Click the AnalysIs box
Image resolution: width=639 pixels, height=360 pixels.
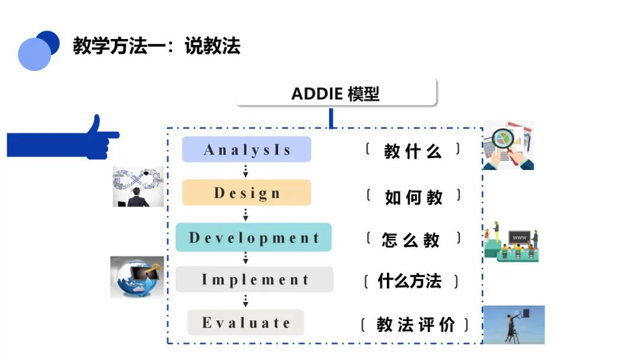[x=247, y=149]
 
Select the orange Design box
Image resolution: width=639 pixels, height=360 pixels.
[x=247, y=192]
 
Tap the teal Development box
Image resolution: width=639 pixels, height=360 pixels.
[x=253, y=237]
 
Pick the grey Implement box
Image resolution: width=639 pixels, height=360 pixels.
[x=254, y=279]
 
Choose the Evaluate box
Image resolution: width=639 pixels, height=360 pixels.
[x=246, y=323]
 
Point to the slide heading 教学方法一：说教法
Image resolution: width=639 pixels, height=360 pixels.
[x=157, y=46]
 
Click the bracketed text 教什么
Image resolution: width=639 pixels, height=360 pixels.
[x=413, y=151]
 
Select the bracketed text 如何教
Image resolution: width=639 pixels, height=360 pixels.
[x=413, y=197]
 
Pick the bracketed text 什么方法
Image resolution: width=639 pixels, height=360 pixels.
[x=411, y=281]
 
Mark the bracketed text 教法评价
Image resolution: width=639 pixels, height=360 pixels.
[x=415, y=324]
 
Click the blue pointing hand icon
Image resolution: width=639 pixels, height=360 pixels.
[x=63, y=139]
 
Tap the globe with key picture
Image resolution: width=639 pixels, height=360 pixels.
[x=137, y=277]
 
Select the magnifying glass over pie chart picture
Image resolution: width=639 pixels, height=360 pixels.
[x=509, y=145]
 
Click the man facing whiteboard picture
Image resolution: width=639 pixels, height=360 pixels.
[x=138, y=187]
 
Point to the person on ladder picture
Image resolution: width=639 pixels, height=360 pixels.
[x=514, y=324]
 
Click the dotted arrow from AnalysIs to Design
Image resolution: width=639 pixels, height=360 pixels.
[x=246, y=171]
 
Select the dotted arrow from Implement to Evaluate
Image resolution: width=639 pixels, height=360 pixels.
[x=246, y=301]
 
